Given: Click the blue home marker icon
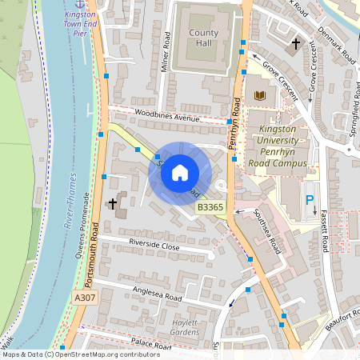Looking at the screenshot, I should [180, 173].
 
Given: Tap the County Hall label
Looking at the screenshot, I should [204, 38].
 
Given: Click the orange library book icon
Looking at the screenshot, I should [258, 97].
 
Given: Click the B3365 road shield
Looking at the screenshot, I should [210, 207].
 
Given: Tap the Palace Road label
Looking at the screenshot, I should [152, 346].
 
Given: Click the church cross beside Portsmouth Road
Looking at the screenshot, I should [113, 204].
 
